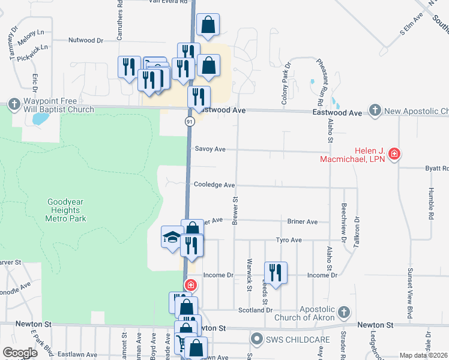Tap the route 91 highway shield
(x=189, y=121)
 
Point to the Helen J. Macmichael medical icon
(x=394, y=154)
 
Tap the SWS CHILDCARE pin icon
(x=257, y=340)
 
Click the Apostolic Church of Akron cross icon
(x=343, y=312)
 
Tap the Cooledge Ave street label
(x=214, y=185)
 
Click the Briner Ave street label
(x=303, y=221)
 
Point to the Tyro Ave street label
(x=288, y=240)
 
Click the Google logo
(x=20, y=353)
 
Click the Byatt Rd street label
(x=437, y=169)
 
